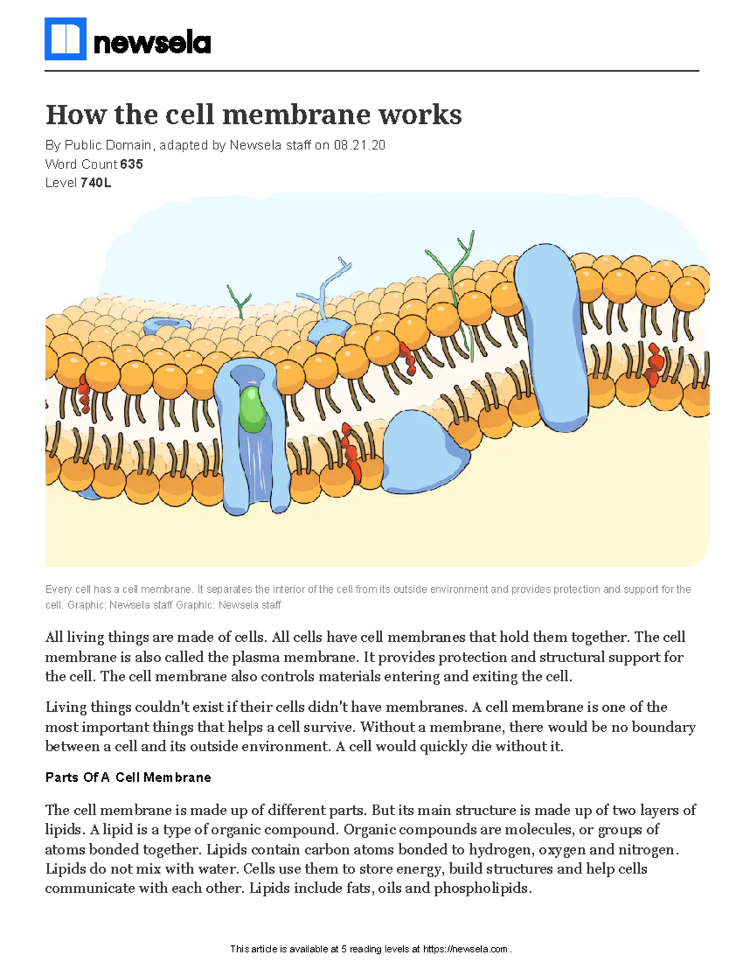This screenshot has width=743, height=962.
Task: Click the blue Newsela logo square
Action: [65, 39]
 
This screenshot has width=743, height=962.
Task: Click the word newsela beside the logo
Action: [152, 43]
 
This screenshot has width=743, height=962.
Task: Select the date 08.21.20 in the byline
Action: [359, 145]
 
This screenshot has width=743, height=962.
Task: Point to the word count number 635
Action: [131, 164]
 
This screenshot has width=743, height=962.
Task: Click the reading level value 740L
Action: [96, 183]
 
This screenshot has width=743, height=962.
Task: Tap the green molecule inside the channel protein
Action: [252, 409]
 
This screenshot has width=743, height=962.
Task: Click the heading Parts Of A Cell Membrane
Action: [128, 777]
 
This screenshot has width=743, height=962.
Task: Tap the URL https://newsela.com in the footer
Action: [465, 949]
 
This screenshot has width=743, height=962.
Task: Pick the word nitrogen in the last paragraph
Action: [648, 849]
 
